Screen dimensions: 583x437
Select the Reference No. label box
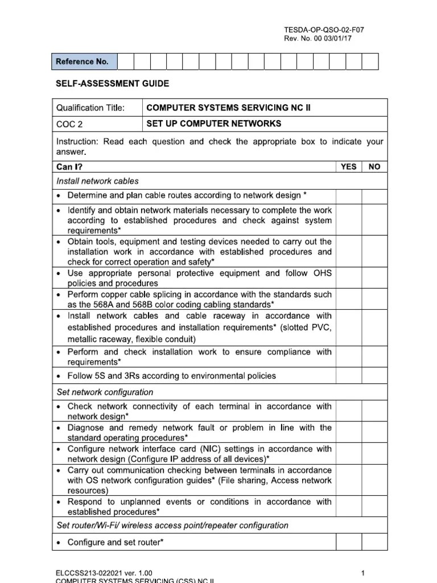tap(84, 61)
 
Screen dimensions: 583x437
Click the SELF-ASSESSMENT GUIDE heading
tap(112, 84)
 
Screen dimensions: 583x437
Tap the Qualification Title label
tap(90, 108)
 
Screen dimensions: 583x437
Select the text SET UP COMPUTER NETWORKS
tap(214, 124)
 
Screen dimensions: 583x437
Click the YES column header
tap(348, 167)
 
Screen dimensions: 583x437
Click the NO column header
tap(374, 167)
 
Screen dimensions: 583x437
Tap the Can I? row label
tap(69, 167)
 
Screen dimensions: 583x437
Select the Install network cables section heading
tap(97, 181)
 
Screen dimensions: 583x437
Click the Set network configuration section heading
tap(105, 392)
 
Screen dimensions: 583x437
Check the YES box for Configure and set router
tap(348, 542)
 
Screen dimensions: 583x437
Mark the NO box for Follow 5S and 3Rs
tap(374, 376)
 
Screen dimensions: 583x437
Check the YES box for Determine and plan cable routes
tap(348, 196)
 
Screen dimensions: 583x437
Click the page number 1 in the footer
tap(362, 572)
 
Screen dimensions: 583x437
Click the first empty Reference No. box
tap(126, 61)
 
